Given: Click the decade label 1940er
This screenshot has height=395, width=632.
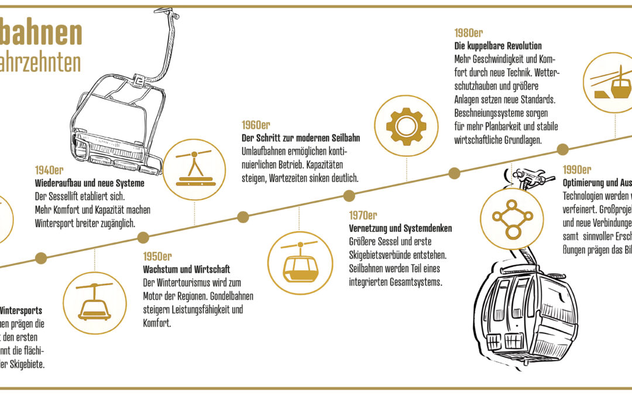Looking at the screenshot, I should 49,170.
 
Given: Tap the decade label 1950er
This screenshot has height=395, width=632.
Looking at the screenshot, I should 157,256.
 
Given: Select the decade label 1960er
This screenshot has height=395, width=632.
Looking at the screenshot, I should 256,125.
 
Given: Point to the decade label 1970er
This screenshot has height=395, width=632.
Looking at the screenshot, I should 363,215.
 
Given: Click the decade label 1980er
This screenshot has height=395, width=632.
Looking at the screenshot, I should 468,33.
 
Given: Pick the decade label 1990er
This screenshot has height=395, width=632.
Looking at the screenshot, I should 576,170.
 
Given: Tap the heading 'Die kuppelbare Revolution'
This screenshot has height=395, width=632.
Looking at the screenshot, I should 498,46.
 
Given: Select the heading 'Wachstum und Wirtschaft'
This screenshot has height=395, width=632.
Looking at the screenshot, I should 187,269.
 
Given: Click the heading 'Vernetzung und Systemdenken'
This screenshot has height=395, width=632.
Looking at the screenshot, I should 400,228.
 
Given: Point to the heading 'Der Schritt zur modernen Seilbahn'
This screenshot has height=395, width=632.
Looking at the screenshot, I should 301,138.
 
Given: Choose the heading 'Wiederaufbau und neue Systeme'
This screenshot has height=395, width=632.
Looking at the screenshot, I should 89,183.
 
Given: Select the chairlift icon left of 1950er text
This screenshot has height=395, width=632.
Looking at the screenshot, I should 94,303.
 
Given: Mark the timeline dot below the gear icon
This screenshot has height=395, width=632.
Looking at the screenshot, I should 454,173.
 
